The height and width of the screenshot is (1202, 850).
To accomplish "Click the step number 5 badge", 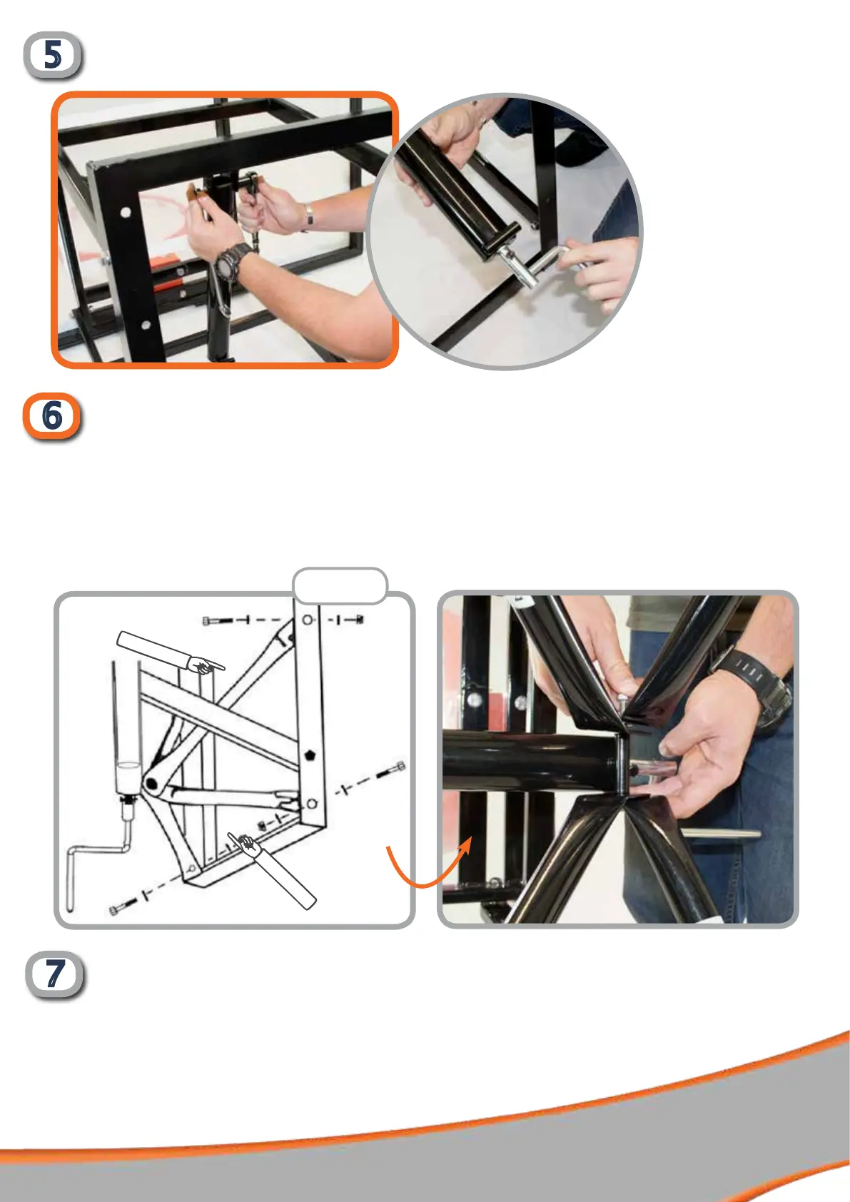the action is click(x=53, y=55).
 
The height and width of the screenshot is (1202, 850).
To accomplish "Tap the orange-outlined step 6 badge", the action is click(x=52, y=416).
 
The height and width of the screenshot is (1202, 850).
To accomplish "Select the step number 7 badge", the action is click(x=55, y=974).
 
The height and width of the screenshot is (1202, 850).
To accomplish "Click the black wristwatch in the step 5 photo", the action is click(x=233, y=261).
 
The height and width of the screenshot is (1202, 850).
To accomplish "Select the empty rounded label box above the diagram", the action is click(x=340, y=586).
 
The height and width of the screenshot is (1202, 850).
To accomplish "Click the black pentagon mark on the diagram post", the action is click(x=309, y=756).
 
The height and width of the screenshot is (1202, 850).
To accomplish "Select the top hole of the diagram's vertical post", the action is click(x=308, y=620).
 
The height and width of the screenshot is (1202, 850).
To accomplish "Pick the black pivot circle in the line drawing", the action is click(x=151, y=784).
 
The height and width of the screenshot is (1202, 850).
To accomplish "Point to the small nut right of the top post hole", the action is click(x=360, y=620).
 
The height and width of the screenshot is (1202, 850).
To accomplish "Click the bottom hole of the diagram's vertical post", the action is click(x=312, y=803).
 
